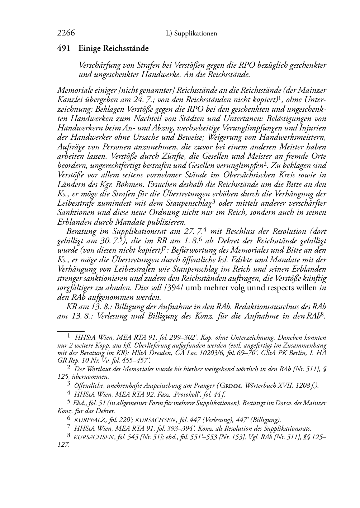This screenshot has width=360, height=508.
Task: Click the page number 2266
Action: (x=66, y=33)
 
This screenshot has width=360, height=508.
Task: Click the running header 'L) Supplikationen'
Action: (x=191, y=34)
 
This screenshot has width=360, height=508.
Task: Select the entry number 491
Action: (x=64, y=48)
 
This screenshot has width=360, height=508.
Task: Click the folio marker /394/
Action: (x=174, y=288)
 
